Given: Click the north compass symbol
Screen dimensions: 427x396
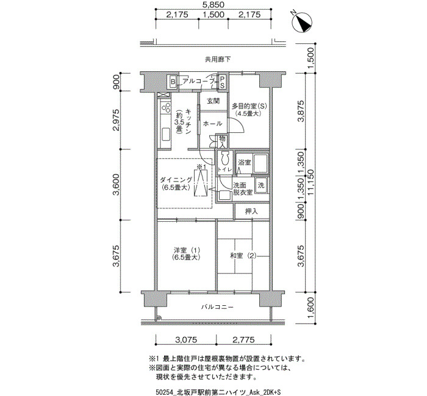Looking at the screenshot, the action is click(302, 23).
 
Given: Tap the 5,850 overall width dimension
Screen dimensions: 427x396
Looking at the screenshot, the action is click(213, 5).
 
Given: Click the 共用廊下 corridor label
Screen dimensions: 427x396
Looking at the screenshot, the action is click(218, 59).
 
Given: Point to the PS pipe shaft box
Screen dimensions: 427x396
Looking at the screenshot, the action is click(222, 82).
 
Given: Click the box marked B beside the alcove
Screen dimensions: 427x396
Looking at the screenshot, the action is click(173, 82).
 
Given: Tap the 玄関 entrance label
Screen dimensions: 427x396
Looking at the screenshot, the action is click(213, 101).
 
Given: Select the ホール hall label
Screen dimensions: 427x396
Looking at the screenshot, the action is click(213, 124).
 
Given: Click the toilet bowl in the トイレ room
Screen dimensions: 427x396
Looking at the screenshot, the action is click(224, 158).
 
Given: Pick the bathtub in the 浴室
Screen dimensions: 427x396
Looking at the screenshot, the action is click(260, 163).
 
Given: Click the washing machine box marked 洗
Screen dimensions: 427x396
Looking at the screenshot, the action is click(261, 185).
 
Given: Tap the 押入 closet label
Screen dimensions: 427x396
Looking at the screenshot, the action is click(251, 211).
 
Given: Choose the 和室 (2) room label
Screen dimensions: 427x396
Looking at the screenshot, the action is click(243, 256).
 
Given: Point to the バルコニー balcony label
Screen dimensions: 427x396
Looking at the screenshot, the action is click(217, 307).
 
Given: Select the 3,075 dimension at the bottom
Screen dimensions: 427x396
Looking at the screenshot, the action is click(186, 340).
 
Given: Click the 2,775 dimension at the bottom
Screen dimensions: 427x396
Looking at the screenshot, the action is click(244, 340).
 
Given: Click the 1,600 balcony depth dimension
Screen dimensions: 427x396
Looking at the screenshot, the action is click(310, 308).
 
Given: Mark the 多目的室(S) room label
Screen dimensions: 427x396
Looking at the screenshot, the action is click(249, 105).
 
